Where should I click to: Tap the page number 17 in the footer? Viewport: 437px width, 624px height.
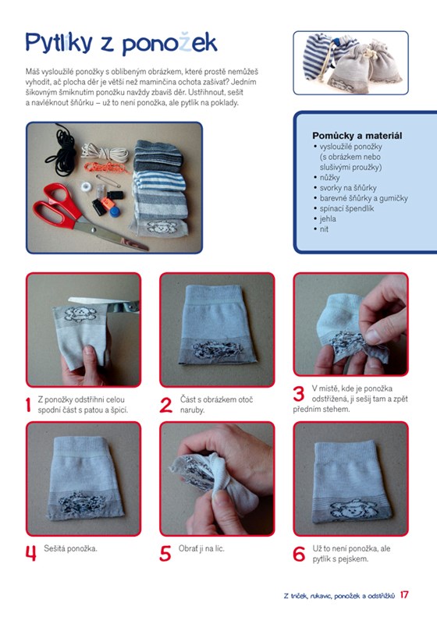pos(404,594)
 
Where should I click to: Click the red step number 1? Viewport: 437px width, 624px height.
pos(28,405)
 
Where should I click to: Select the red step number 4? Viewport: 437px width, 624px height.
pos(31,553)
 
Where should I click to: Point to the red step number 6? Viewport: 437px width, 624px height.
pos(299,554)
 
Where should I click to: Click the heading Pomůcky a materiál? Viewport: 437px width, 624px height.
pos(357,136)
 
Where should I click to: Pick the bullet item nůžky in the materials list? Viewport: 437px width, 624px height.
pos(329,178)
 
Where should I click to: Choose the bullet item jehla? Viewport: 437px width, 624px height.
pos(328,219)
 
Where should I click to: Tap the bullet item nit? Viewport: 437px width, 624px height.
pos(324,229)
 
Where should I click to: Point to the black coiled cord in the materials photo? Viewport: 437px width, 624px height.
pos(62,148)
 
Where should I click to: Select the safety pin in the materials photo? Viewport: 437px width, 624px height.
pos(108,181)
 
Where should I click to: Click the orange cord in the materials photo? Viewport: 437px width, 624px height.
pos(105,167)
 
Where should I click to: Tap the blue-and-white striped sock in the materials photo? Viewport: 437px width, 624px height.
pos(160,180)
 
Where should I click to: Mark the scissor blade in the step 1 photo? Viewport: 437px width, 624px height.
pos(95,301)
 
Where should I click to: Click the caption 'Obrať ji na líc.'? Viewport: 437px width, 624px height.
pos(201,548)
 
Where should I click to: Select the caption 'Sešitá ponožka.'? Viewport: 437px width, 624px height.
pos(70,548)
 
